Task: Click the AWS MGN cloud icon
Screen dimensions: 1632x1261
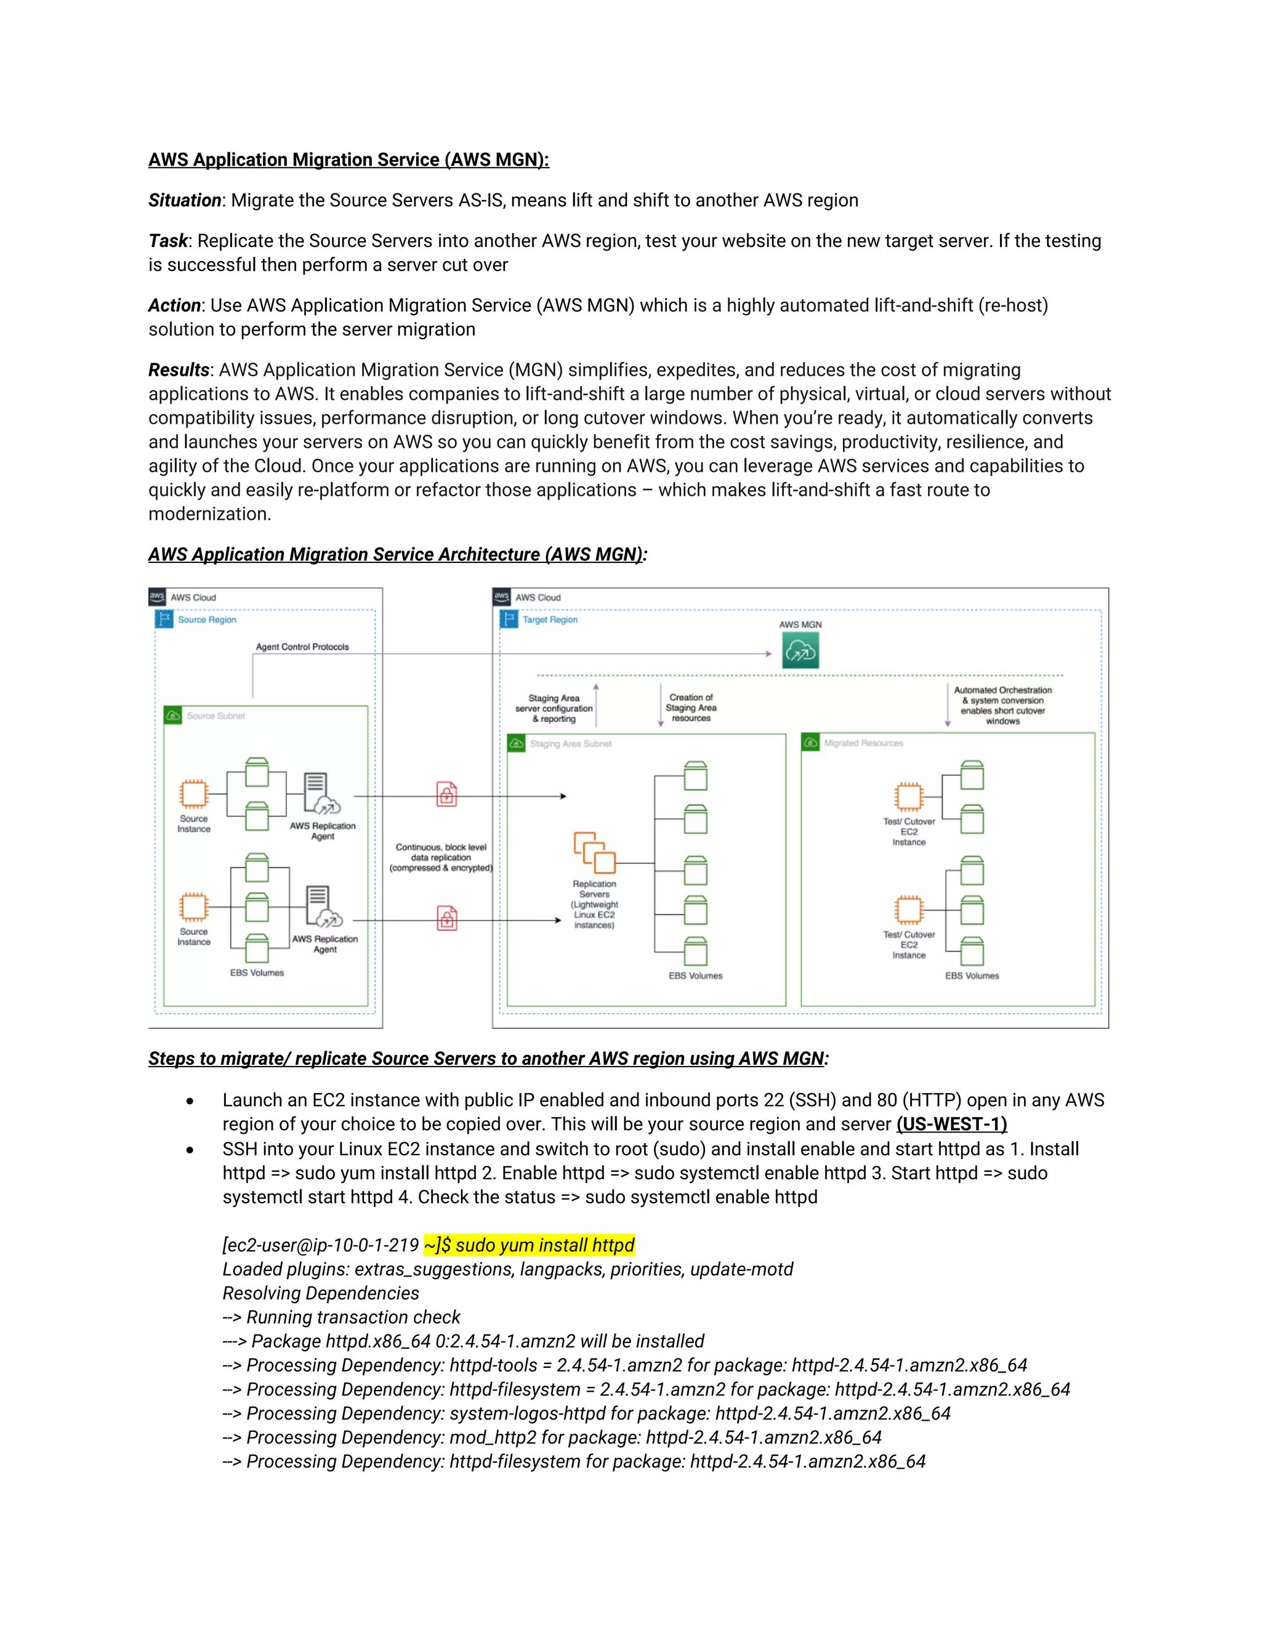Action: point(800,650)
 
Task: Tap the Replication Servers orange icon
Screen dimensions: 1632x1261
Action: point(594,852)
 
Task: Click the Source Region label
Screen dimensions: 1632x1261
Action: point(207,620)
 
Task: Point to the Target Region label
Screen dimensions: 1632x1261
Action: point(550,620)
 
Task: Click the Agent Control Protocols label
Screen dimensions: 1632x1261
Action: point(302,647)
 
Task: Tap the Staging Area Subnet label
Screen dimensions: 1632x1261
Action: point(570,743)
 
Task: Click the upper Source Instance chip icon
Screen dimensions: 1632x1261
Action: point(193,794)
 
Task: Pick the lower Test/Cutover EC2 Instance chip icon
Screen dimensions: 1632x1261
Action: point(908,910)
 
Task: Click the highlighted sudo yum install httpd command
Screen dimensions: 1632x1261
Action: point(529,1245)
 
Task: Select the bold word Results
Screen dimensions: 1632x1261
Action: point(179,370)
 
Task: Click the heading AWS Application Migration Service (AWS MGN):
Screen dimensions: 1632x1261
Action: point(348,160)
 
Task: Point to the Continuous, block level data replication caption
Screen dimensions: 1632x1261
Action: point(441,857)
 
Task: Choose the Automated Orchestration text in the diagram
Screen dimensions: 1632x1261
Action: point(1002,690)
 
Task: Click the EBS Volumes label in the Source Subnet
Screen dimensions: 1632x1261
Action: point(257,972)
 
